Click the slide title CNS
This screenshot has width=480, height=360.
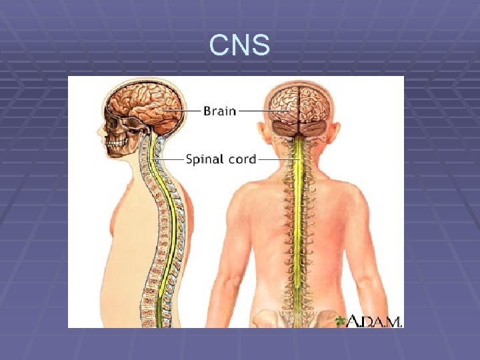click(x=239, y=46)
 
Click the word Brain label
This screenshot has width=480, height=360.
click(x=219, y=111)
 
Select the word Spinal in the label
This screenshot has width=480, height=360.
click(x=203, y=160)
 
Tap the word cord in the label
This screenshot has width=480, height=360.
click(x=239, y=160)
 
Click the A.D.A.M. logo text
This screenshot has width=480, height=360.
click(x=377, y=321)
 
